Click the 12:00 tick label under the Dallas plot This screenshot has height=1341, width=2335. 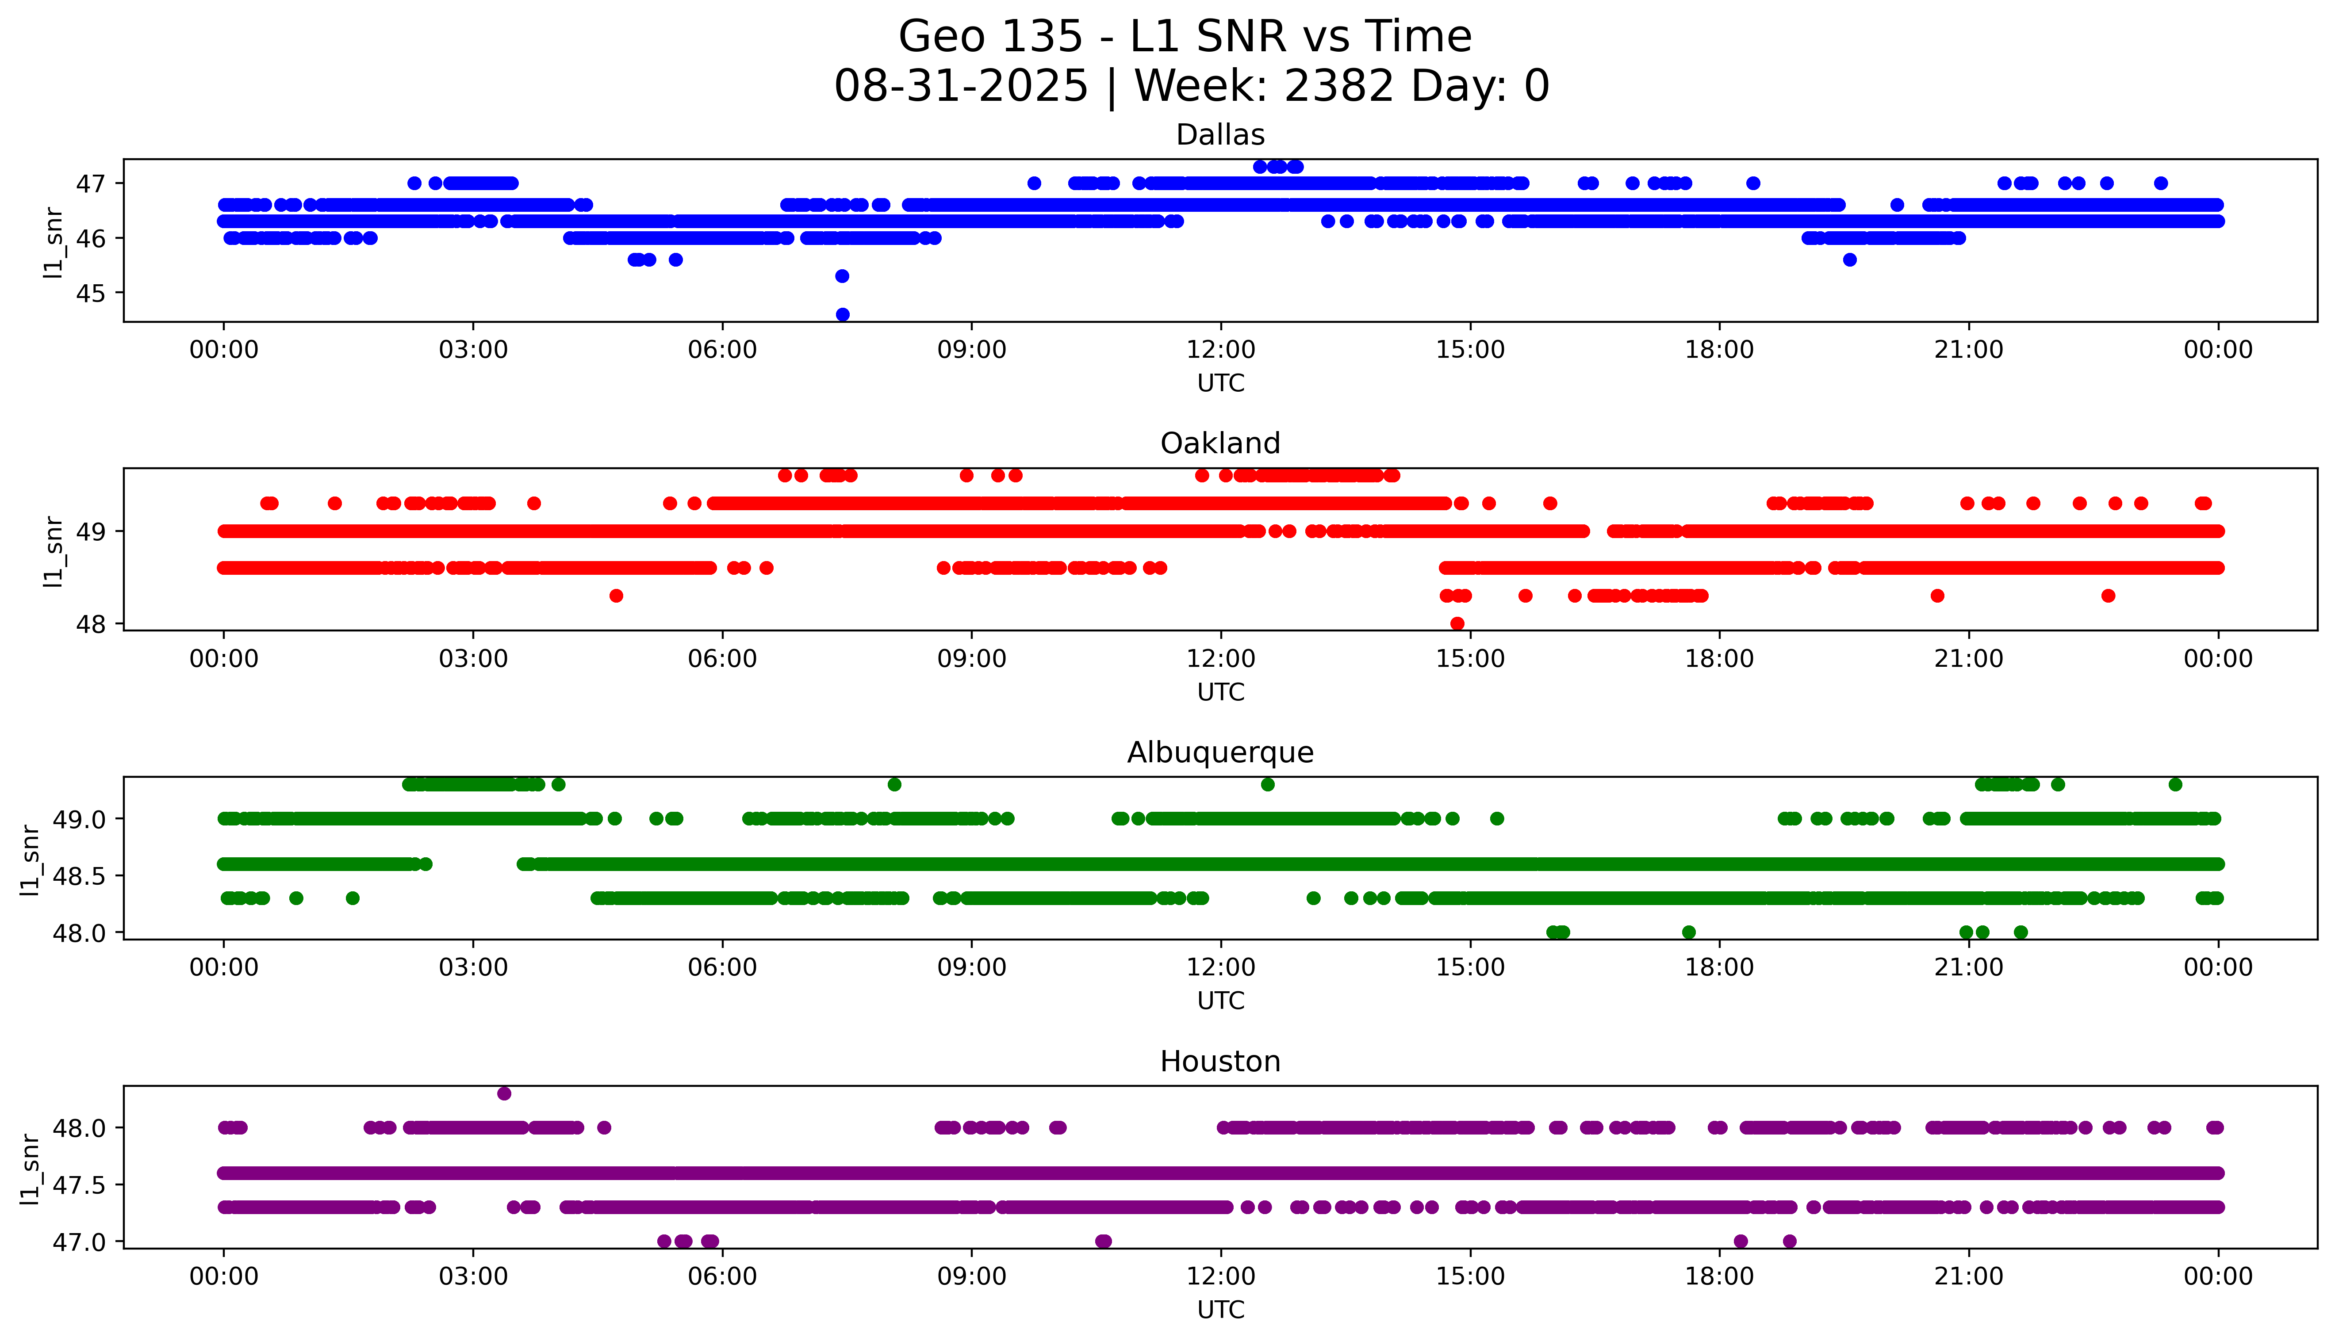[x=1220, y=350]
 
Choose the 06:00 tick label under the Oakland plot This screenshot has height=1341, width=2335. [x=722, y=660]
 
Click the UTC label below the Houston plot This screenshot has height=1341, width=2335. [x=1220, y=1310]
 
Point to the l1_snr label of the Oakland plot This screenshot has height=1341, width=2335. [x=54, y=551]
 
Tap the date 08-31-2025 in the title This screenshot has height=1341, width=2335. [x=961, y=87]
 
